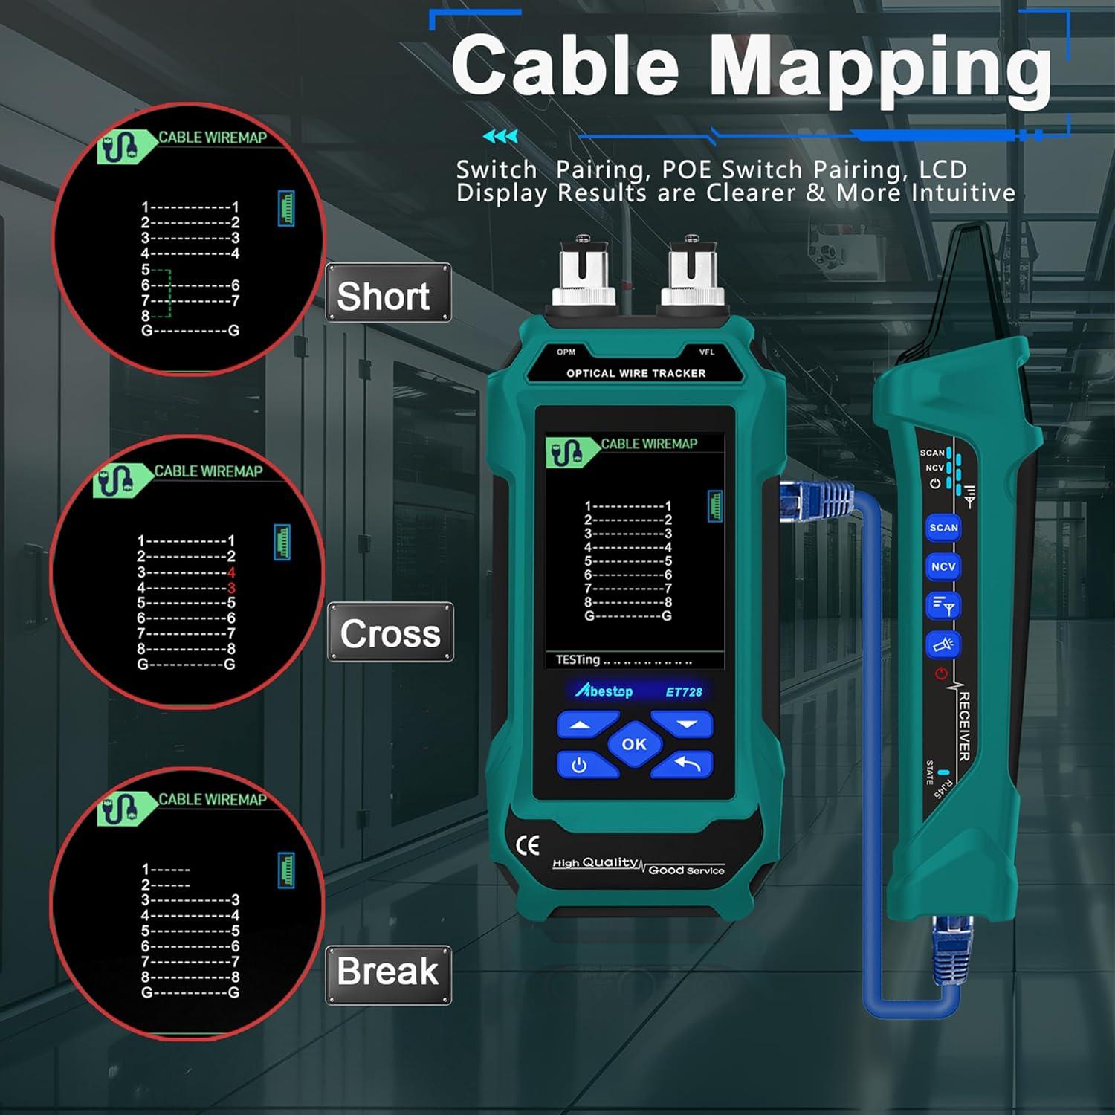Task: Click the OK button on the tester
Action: coord(634,744)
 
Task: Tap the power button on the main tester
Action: coord(581,765)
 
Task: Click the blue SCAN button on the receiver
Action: coord(943,528)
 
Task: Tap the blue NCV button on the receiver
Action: coord(943,566)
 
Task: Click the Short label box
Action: coord(388,294)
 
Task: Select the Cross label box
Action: coord(390,633)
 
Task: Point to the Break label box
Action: coord(388,975)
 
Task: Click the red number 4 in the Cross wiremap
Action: coord(231,572)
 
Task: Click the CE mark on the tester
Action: coord(528,845)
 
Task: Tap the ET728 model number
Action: coord(683,692)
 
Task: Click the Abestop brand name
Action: coord(604,691)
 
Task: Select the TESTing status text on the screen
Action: coord(578,659)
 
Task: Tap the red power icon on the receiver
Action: coord(941,674)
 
